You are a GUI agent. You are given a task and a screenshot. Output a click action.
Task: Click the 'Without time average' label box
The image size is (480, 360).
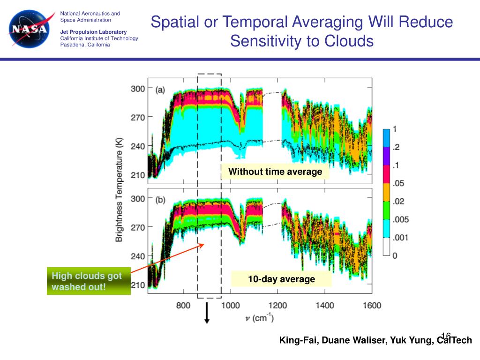point(275,172)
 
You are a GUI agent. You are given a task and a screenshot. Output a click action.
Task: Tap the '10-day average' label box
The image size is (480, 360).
point(281,279)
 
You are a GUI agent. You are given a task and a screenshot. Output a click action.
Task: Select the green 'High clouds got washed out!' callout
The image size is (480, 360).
point(89,281)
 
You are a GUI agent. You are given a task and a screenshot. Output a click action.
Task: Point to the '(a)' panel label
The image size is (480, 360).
point(160,90)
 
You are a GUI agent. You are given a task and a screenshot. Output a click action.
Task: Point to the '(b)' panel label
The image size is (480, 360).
point(160,200)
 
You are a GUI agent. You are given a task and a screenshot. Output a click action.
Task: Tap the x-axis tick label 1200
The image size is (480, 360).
point(277,306)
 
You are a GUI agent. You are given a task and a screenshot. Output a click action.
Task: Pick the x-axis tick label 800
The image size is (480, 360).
point(183,306)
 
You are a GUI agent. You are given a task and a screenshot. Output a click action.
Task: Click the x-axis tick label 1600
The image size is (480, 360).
point(372,306)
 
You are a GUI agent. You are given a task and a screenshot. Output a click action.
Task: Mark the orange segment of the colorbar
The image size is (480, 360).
point(386,192)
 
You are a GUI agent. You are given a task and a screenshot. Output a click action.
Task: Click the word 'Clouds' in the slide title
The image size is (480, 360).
point(347,41)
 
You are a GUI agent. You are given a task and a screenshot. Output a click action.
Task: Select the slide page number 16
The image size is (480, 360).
point(445,336)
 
